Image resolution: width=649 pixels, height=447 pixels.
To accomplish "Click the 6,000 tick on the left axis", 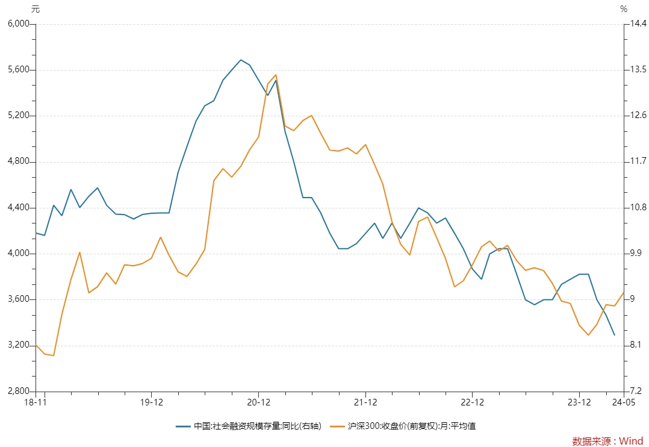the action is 19,23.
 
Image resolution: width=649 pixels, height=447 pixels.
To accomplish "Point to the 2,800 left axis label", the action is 19,391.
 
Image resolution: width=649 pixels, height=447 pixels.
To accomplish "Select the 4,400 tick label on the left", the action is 19,207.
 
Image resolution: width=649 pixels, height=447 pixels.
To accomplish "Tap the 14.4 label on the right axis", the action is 638,23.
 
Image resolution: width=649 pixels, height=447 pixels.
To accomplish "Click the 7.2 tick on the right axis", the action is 635,391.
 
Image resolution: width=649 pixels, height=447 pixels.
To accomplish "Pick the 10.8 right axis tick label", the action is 638,207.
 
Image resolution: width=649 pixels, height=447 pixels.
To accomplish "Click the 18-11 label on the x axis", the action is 36,402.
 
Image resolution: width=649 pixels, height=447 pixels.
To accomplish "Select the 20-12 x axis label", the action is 259,402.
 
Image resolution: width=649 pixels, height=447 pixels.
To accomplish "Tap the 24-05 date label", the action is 624,402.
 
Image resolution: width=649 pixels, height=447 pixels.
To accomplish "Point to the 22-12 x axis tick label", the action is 472,402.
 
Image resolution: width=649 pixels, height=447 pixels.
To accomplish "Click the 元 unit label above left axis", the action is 36,9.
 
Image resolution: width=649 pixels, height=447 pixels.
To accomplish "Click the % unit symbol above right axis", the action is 624,9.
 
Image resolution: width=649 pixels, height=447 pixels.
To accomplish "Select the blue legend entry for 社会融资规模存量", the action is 248,426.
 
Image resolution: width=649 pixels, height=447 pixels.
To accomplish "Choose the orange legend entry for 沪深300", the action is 403,426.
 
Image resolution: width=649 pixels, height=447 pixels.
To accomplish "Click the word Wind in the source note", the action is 631,441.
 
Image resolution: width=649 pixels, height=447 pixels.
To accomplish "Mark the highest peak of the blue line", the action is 241,60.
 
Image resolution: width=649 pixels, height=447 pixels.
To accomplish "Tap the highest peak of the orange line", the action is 276,75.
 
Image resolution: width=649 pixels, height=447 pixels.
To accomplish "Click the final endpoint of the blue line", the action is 615,335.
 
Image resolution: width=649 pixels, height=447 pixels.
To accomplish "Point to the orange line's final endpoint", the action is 623,293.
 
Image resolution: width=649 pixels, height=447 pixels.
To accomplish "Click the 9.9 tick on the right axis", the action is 635,253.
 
